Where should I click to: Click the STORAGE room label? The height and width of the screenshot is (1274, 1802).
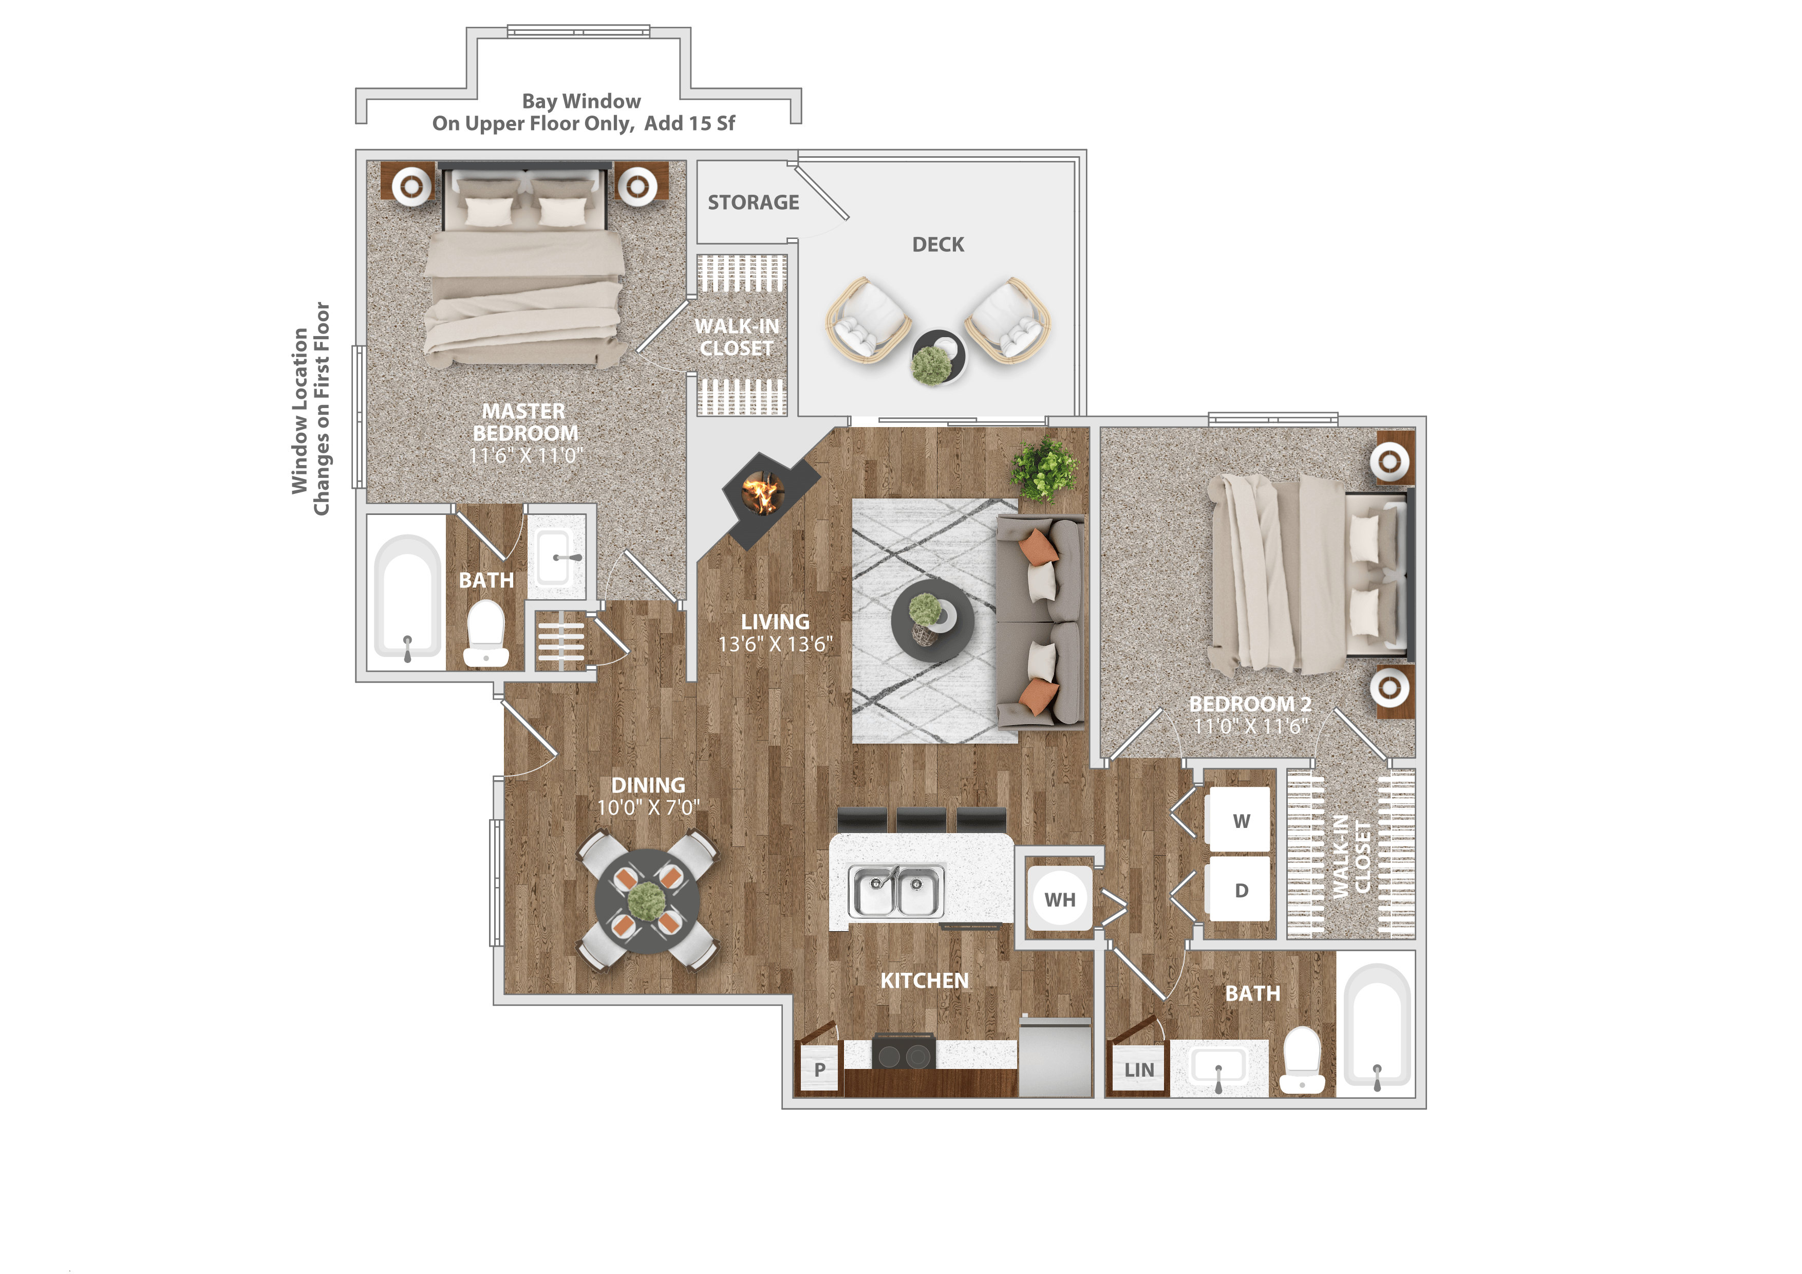point(753,202)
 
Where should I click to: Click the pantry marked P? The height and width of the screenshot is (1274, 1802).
point(819,1069)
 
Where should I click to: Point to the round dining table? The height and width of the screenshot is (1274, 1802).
point(647,901)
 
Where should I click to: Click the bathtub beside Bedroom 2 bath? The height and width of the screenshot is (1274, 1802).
point(1377,1024)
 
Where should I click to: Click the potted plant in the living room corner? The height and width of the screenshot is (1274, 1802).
point(1043,469)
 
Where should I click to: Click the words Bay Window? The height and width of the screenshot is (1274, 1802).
point(581,101)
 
